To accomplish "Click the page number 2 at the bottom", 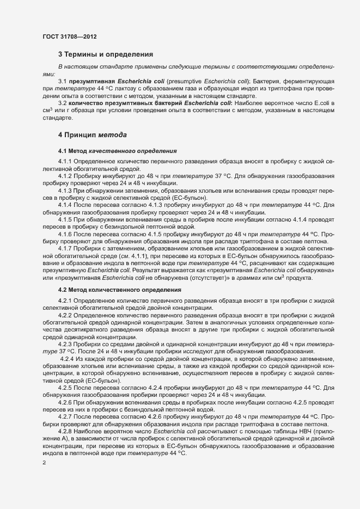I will coord(44,462).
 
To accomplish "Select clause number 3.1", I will coord(63,81).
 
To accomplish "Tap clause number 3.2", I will coord(63,102).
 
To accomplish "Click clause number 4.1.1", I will coord(65,162).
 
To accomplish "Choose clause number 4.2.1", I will coord(65,301).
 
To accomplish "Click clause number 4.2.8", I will coord(65,430).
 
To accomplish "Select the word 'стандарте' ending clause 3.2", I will coord(57,116).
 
